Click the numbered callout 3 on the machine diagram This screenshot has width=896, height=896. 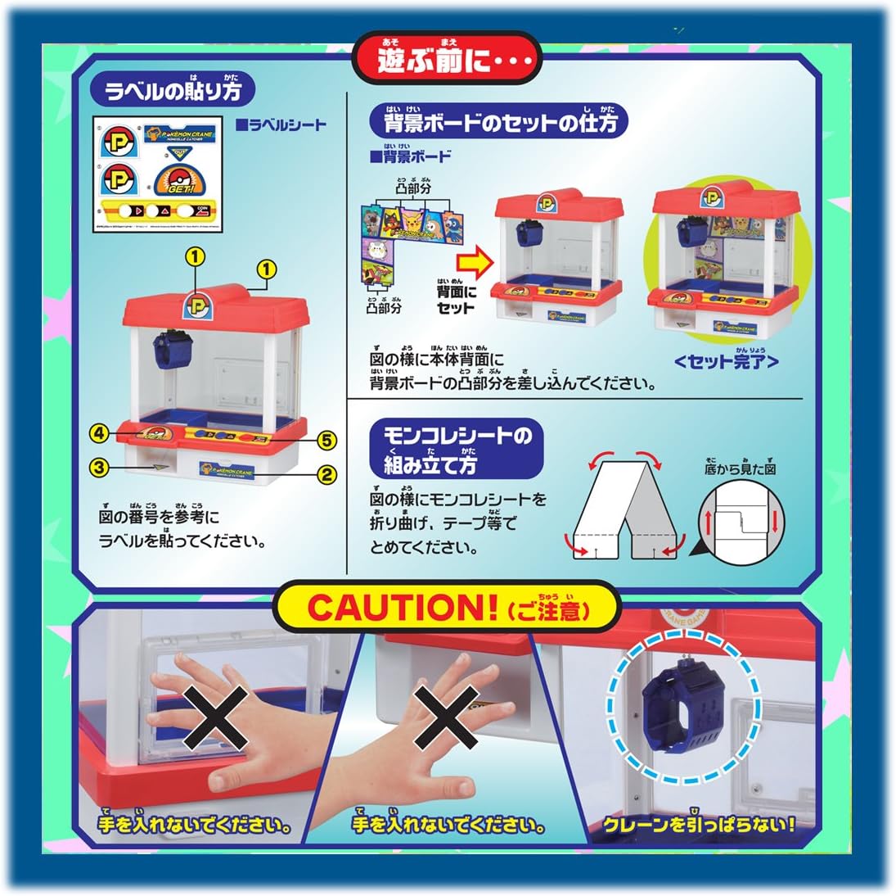pyautogui.click(x=100, y=468)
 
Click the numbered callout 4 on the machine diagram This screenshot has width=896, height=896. pyautogui.click(x=100, y=432)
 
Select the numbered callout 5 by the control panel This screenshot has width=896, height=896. pyautogui.click(x=327, y=441)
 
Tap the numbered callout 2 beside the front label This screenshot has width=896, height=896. pyautogui.click(x=327, y=473)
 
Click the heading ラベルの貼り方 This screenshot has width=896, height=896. pyautogui.click(x=173, y=89)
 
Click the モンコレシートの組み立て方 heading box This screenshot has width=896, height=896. pyautogui.click(x=455, y=450)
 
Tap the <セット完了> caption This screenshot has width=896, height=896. pyautogui.click(x=726, y=360)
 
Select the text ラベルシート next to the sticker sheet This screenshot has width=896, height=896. pyautogui.click(x=281, y=125)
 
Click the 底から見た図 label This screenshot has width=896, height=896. pyautogui.click(x=740, y=468)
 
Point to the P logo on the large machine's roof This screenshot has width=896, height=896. pyautogui.click(x=198, y=302)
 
